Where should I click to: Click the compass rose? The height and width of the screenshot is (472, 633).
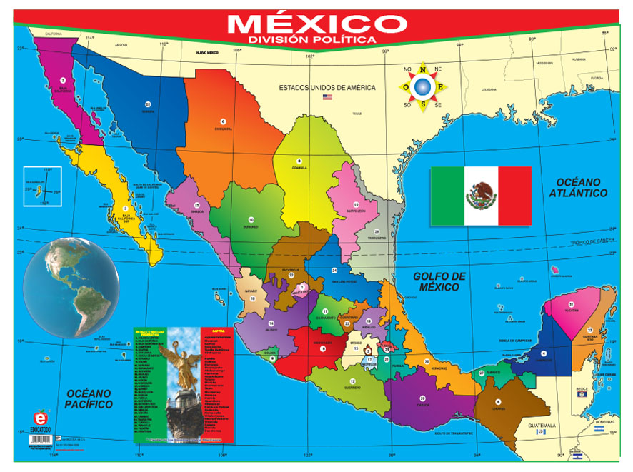(423, 87)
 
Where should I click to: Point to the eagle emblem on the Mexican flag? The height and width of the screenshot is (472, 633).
(481, 194)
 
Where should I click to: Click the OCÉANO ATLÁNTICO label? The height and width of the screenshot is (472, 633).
(579, 188)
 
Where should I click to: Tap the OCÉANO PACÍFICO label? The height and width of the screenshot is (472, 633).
(86, 398)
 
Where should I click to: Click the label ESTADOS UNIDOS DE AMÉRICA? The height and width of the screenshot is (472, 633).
(327, 87)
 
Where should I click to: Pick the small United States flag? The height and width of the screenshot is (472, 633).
(327, 96)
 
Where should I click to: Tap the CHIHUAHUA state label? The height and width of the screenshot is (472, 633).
(223, 129)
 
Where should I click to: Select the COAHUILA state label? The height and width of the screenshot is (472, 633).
(299, 168)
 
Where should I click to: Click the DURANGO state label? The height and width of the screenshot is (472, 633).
(251, 226)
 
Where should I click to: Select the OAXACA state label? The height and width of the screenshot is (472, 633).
(422, 404)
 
